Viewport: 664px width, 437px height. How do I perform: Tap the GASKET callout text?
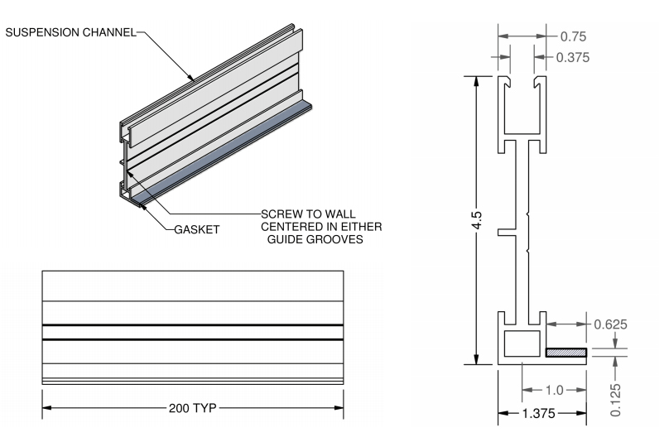click(x=197, y=230)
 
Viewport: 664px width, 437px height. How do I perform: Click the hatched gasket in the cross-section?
click(x=566, y=353)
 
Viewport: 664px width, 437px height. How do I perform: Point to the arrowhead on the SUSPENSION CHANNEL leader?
click(x=193, y=79)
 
